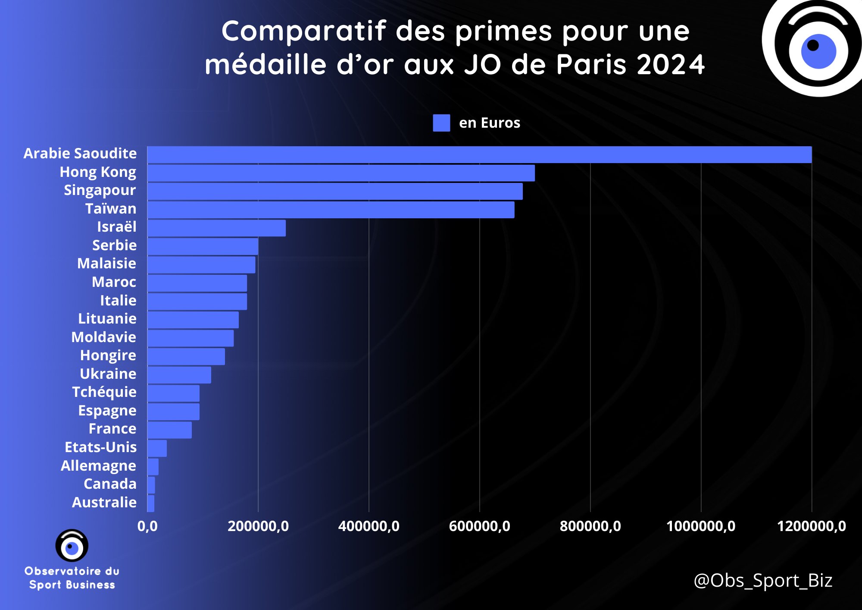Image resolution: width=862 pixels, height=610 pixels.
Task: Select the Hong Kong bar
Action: tap(341, 173)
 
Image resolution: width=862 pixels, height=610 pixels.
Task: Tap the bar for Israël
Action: tap(216, 228)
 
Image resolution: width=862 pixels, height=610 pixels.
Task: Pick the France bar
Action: tap(169, 430)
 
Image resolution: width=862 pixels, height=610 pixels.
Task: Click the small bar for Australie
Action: tap(151, 503)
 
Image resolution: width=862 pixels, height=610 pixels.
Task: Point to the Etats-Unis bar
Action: tap(157, 449)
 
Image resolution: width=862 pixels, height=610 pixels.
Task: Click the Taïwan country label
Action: tap(111, 209)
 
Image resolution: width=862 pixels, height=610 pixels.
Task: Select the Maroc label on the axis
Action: tap(114, 282)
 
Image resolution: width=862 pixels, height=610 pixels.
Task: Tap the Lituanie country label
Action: tap(107, 319)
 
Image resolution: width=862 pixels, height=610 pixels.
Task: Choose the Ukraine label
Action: tap(108, 374)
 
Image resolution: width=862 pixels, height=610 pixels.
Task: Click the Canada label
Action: tap(110, 484)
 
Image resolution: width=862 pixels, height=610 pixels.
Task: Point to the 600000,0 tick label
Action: tap(479, 526)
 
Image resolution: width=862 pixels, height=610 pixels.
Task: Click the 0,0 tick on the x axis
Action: tap(147, 526)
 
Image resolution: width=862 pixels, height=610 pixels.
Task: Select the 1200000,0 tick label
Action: tap(811, 526)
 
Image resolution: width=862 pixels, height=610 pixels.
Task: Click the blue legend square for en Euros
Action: tap(441, 123)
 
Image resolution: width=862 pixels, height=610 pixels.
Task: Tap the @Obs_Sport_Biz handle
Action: tap(763, 581)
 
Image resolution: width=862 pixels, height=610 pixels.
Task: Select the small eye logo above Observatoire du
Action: tap(72, 546)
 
